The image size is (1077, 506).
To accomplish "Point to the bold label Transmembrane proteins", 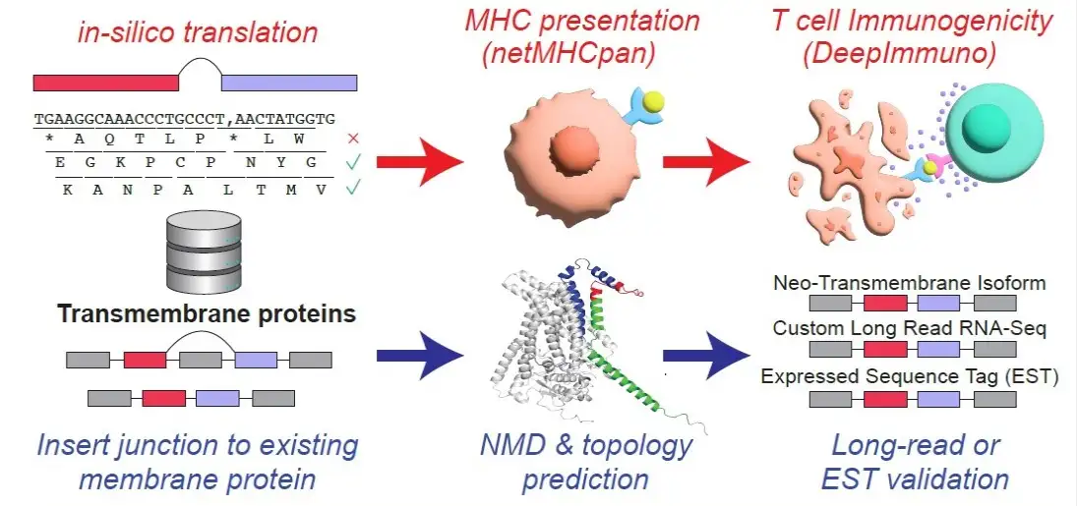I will coord(206,314).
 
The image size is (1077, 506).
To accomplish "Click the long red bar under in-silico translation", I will coord(106,83).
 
